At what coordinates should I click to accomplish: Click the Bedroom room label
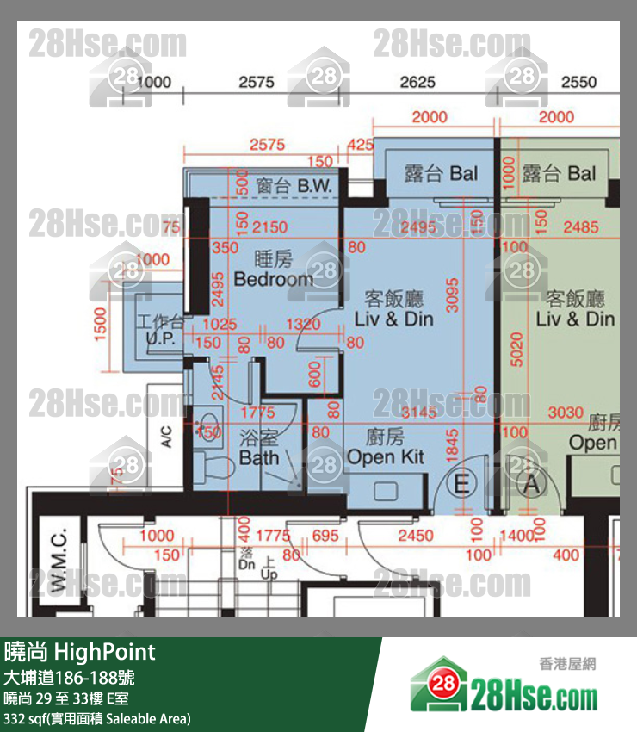(273, 279)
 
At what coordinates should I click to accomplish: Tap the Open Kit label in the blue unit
(386, 456)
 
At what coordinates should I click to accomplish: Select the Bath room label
(259, 457)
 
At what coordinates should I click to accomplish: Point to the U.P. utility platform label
(159, 340)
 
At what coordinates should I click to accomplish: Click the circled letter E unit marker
(461, 484)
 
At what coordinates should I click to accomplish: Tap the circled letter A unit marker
(531, 484)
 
